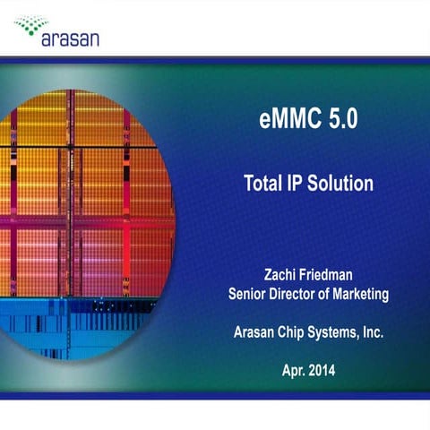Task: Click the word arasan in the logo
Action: pos(70,39)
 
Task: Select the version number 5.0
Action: pos(339,122)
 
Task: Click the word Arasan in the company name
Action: pos(254,331)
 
